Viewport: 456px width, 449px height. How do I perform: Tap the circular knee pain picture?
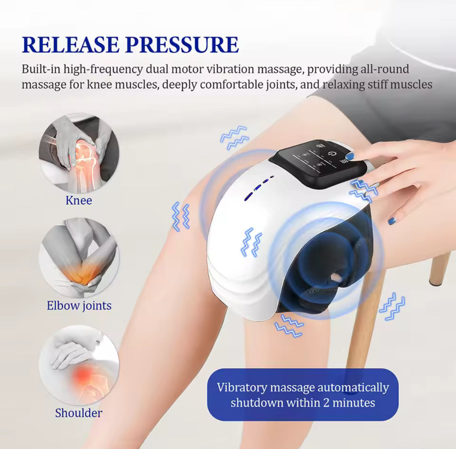coord(79,152)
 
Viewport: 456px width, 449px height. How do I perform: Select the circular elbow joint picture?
coord(79,258)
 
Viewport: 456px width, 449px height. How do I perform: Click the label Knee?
coord(79,200)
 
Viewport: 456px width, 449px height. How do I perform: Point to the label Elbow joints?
coord(79,306)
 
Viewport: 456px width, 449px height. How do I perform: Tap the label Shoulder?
coord(79,413)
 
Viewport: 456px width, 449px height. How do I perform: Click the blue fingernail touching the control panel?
coord(350,157)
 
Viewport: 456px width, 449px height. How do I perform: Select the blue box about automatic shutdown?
coord(303,394)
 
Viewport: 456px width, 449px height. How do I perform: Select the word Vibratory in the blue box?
coord(242,387)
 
